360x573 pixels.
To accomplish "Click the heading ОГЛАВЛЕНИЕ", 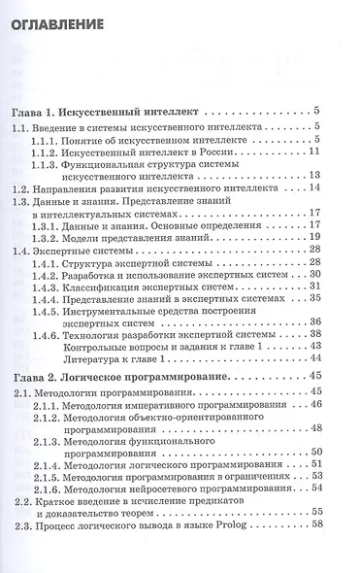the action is pyautogui.click(x=70, y=40).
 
